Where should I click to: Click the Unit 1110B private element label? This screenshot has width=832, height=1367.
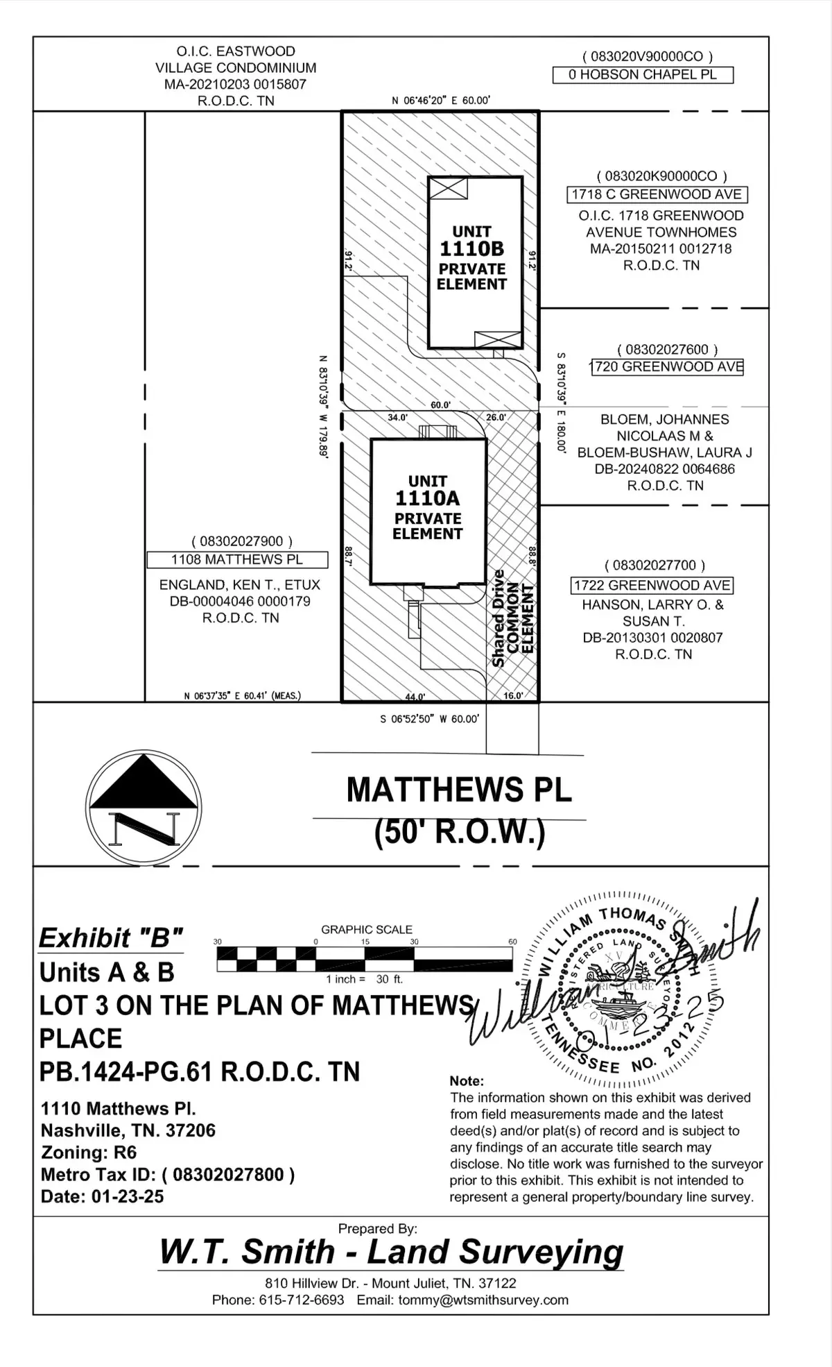[x=471, y=257]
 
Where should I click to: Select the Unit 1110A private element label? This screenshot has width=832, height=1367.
[x=427, y=507]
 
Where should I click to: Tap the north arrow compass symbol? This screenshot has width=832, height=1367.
[x=144, y=808]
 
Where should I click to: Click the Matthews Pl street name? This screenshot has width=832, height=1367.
[x=459, y=790]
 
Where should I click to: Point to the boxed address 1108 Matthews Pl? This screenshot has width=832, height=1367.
[x=237, y=559]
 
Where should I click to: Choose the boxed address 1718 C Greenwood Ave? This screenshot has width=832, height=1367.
[x=657, y=195]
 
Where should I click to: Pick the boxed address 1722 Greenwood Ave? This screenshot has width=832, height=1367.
[x=652, y=586]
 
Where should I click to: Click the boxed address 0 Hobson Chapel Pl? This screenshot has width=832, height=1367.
[x=643, y=75]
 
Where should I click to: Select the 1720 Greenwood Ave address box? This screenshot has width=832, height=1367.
[x=667, y=367]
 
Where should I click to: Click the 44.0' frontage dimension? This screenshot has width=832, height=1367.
[x=415, y=696]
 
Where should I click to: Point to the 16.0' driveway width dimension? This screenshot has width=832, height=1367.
[x=512, y=695]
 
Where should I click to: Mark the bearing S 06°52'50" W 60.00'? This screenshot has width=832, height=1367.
[x=429, y=719]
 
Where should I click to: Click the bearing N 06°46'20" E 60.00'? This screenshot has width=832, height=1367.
[x=441, y=101]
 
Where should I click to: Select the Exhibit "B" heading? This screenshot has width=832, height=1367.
[x=111, y=938]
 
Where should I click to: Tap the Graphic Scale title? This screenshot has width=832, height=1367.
[x=366, y=929]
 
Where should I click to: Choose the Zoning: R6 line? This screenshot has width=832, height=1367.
[x=89, y=1153]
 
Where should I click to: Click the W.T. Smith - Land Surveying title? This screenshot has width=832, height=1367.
[x=391, y=1252]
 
